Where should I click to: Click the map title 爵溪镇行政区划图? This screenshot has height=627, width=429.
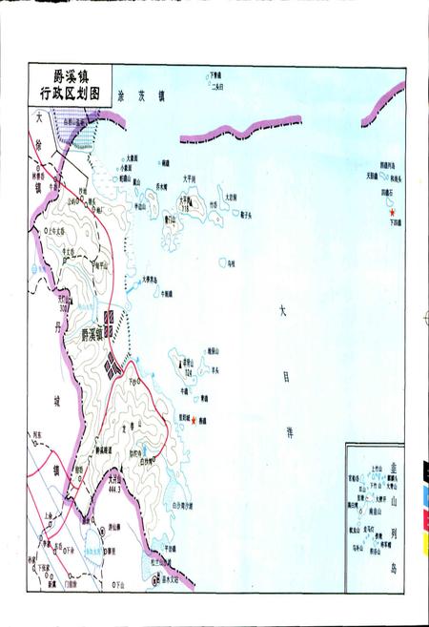(x=70, y=83)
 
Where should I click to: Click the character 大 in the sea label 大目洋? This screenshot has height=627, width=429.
(x=281, y=311)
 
